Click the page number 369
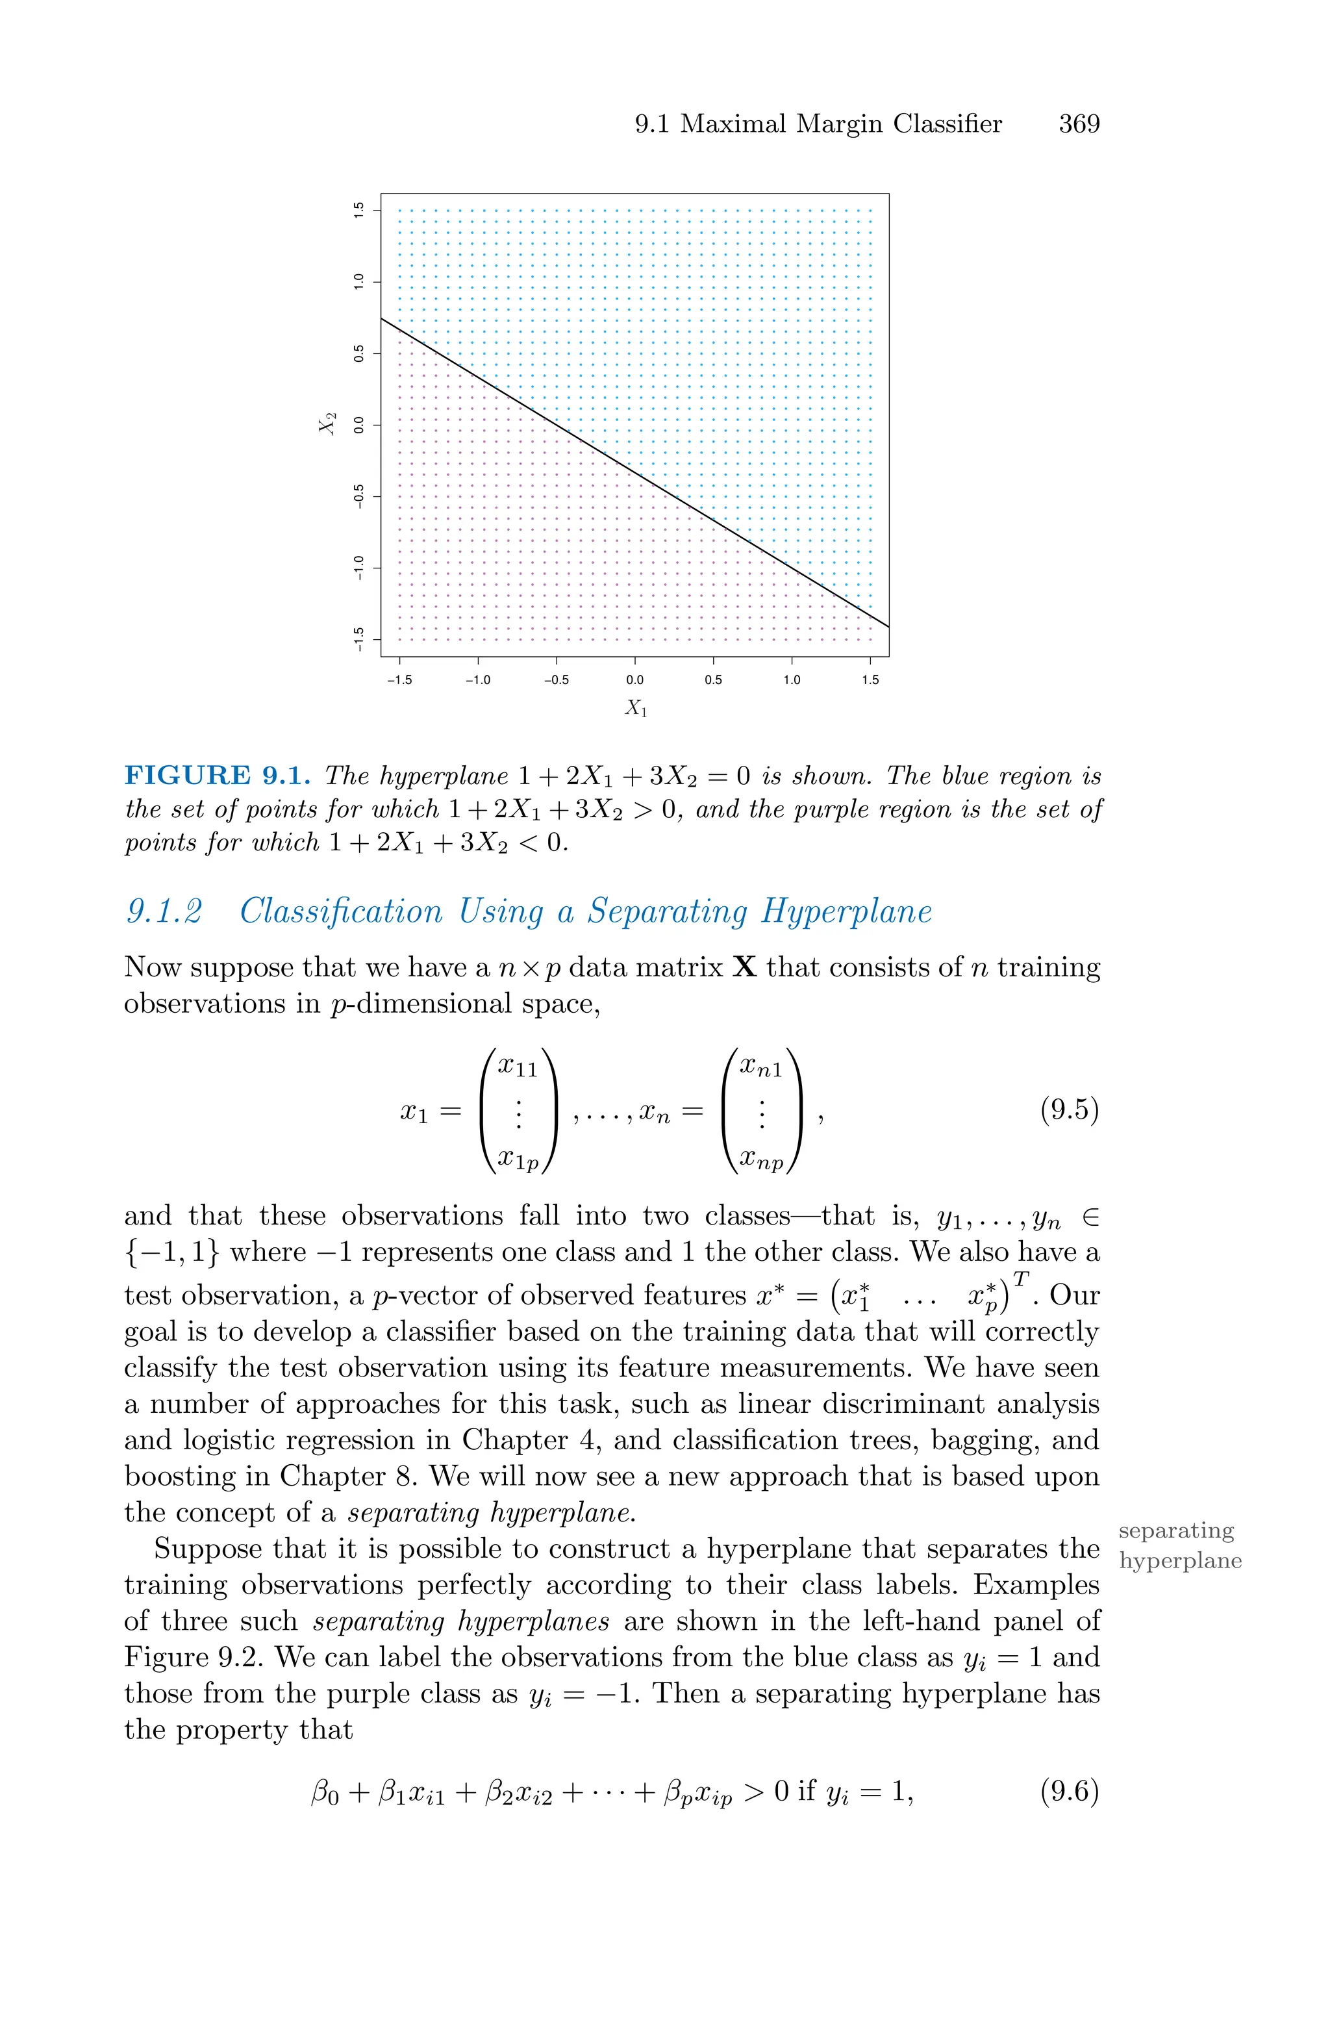pyautogui.click(x=1078, y=125)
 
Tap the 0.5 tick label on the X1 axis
pyautogui.click(x=712, y=679)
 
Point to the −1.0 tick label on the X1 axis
pyautogui.click(x=477, y=679)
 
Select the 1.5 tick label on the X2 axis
pyautogui.click(x=358, y=210)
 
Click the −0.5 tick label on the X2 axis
pyautogui.click(x=358, y=496)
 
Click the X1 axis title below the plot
pyautogui.click(x=635, y=707)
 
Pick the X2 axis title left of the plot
pyautogui.click(x=327, y=424)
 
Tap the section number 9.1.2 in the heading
pyautogui.click(x=164, y=913)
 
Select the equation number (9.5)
pyautogui.click(x=1070, y=1110)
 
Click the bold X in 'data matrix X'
pyautogui.click(x=744, y=968)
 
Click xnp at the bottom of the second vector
pyautogui.click(x=761, y=1158)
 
